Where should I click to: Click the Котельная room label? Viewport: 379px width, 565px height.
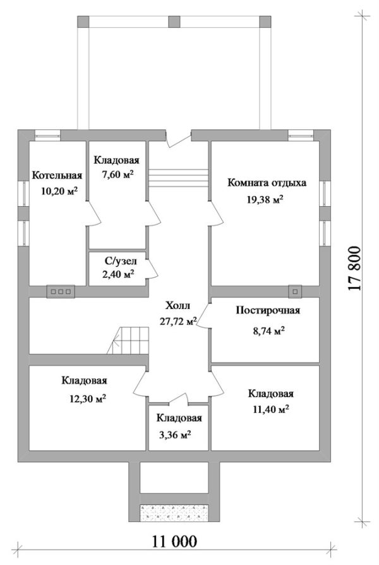click(x=57, y=175)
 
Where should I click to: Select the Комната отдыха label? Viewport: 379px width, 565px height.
click(x=267, y=183)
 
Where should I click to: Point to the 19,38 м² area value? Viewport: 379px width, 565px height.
click(x=265, y=199)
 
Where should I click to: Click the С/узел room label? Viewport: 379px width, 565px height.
click(x=118, y=260)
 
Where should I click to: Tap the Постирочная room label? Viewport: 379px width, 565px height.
click(x=267, y=310)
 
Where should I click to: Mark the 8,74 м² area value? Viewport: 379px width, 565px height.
click(x=265, y=330)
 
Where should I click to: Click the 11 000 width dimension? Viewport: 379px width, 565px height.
click(x=174, y=541)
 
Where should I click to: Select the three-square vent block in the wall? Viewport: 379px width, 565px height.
click(x=61, y=291)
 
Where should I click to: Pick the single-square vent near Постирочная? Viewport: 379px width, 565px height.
click(x=294, y=291)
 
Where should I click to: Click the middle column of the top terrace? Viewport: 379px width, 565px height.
click(x=174, y=20)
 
